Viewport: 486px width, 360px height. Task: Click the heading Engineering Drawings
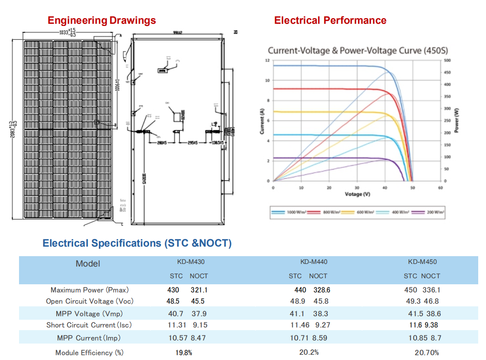[x=102, y=20]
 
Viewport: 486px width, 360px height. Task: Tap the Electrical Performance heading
[x=330, y=20]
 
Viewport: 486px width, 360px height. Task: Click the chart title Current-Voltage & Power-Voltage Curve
[x=358, y=51]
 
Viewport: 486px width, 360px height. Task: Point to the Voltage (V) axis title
[x=357, y=194]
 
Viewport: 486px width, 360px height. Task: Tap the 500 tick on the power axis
[x=447, y=61]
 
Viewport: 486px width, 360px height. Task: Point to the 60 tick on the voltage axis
[x=440, y=188]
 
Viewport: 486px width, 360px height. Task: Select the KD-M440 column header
[x=313, y=262]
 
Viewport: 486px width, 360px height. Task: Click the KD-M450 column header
[x=422, y=262]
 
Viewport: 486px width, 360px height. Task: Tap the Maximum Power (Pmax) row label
[x=90, y=290]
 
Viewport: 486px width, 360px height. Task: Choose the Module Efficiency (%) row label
[x=90, y=353]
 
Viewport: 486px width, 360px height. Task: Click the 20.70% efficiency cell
[x=427, y=353]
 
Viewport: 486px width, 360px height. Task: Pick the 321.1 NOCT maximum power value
[x=199, y=290]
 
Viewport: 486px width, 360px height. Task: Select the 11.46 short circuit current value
[x=300, y=325]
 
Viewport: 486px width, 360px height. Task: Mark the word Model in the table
[x=88, y=264]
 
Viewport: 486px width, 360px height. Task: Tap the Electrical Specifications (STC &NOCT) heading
[x=137, y=243]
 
